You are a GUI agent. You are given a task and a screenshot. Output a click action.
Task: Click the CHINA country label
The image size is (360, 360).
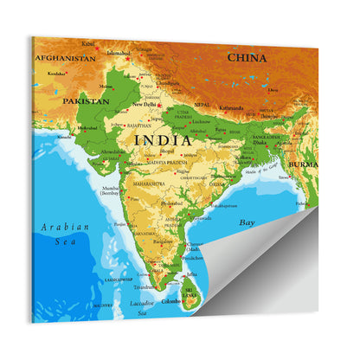click(x=247, y=57)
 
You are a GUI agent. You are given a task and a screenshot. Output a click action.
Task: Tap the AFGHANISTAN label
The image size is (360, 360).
click(x=65, y=58)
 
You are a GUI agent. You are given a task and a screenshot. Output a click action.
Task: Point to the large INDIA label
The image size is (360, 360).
click(x=163, y=138)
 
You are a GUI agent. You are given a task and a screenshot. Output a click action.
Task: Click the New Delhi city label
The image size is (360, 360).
click(x=145, y=105)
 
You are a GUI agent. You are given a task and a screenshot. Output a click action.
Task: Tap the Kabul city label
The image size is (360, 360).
click(x=88, y=42)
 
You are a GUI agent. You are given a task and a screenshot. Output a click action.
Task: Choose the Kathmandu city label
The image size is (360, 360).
click(x=229, y=109)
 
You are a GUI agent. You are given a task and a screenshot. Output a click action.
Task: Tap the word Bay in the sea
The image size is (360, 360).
click(x=247, y=222)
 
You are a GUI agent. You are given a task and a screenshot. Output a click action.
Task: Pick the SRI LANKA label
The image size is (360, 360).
click(x=190, y=293)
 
